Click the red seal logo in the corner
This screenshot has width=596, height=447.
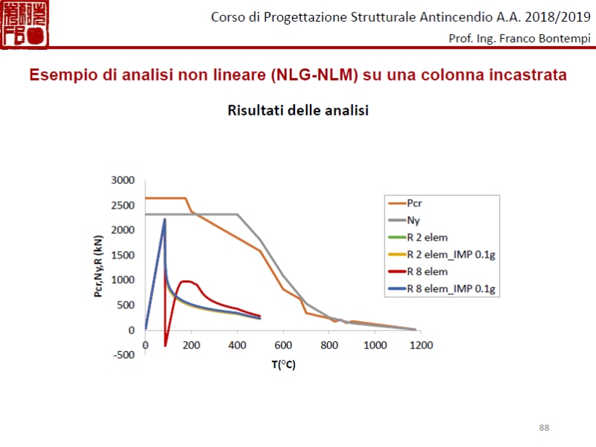click(25, 25)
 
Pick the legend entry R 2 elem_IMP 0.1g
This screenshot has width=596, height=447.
click(450, 255)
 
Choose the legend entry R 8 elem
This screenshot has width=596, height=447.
click(428, 272)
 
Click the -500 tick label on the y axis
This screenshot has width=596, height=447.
click(124, 355)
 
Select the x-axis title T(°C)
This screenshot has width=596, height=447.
click(282, 364)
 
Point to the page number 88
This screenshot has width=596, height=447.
click(544, 427)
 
